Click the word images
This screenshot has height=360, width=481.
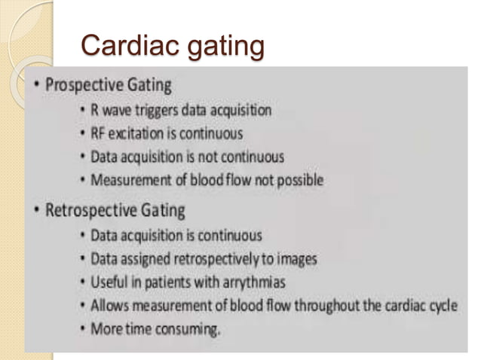[x=297, y=259]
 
